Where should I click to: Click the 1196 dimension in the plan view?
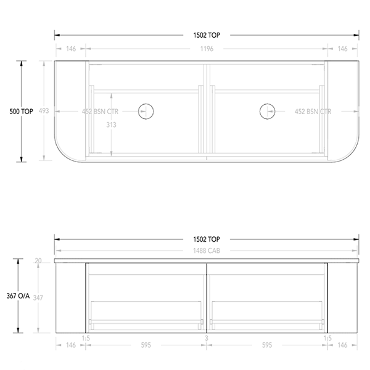[205, 48]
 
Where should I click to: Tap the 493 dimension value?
[44, 112]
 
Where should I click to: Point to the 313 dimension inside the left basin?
[112, 124]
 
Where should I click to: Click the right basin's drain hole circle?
[266, 111]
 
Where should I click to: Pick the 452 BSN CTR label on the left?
[101, 112]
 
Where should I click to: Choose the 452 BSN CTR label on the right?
[313, 112]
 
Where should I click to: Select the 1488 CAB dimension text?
[205, 251]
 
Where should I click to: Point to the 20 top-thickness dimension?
[39, 261]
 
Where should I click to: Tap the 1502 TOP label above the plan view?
[205, 35]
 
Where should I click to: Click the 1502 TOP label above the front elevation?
[205, 239]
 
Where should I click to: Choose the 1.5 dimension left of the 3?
[86, 338]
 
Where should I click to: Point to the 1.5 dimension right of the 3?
[327, 338]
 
